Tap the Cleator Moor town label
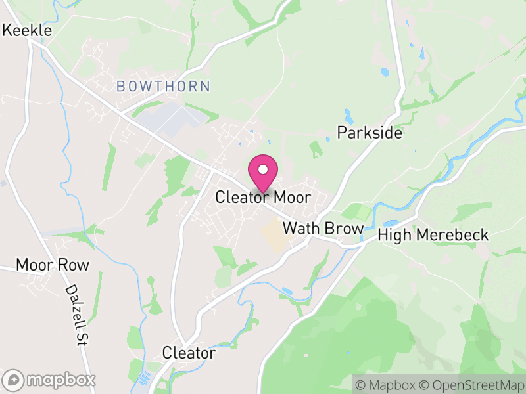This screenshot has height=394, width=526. [263, 198]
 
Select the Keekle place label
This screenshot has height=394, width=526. [28, 30]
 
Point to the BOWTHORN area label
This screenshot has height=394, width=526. [163, 86]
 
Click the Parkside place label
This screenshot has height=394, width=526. [369, 133]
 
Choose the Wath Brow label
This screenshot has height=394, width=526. [323, 229]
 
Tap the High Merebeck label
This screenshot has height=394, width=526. [434, 235]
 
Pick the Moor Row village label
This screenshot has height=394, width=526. [52, 265]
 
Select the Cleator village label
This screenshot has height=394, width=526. [189, 353]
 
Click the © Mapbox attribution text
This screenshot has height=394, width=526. [386, 383]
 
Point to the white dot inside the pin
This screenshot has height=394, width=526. [263, 169]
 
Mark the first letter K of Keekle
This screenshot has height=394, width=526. [8, 30]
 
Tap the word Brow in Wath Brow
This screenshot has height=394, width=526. [343, 229]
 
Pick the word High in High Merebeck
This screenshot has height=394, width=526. [394, 235]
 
